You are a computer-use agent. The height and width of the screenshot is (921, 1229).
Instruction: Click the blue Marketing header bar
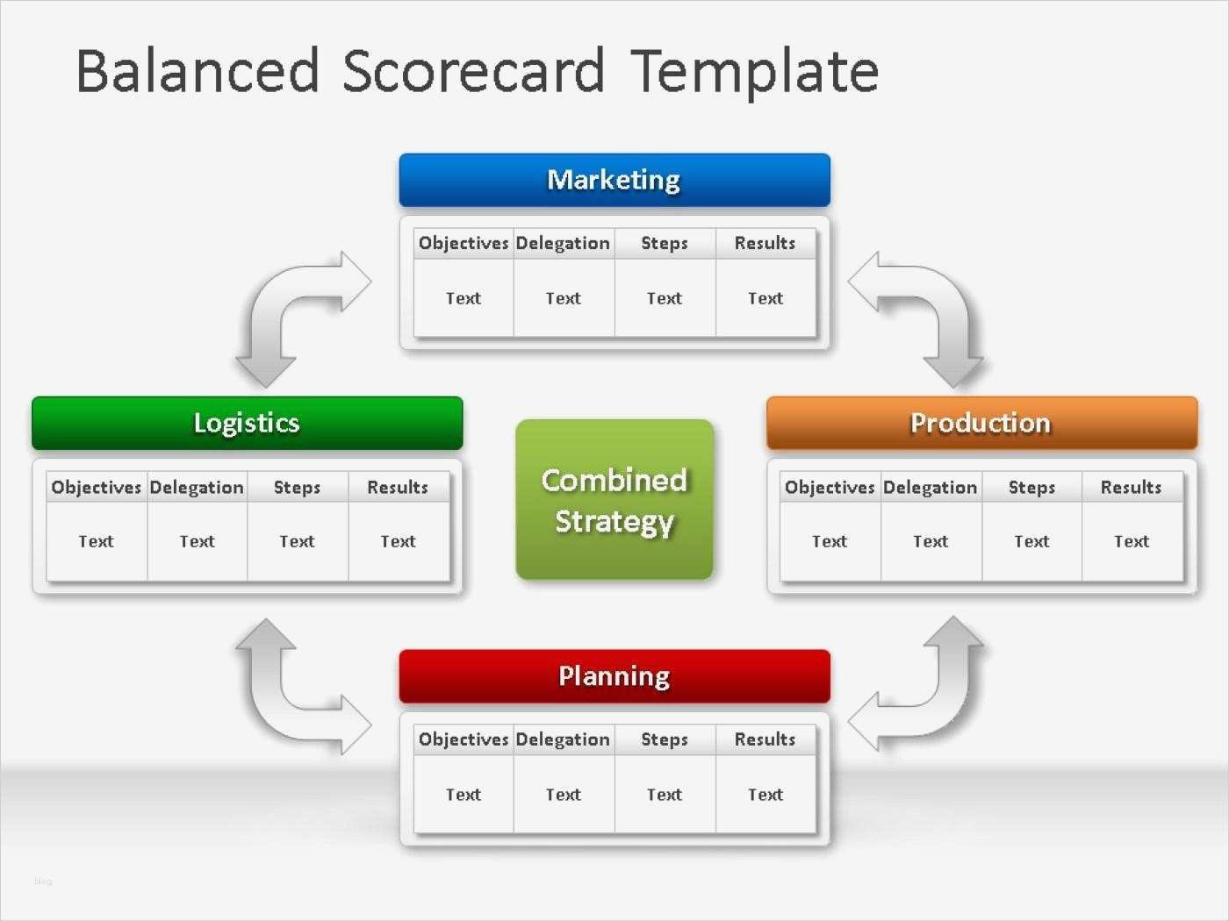614,180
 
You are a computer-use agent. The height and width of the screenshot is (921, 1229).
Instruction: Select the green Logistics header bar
248,424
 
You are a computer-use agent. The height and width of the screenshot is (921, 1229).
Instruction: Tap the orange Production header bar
981,424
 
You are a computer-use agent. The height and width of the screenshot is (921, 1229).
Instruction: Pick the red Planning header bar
614,676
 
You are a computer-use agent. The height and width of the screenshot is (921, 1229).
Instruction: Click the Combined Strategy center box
614,499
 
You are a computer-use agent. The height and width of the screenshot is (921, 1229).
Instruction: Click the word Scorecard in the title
473,71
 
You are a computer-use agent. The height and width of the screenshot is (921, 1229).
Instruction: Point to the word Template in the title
754,74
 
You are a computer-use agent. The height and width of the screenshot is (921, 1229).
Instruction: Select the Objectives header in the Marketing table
464,243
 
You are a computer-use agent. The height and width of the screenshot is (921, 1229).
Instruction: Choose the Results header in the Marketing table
765,243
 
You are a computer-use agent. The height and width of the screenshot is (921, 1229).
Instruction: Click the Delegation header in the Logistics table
197,488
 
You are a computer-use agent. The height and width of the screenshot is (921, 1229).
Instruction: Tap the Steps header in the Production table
1031,488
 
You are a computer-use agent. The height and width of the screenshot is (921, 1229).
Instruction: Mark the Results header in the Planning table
765,739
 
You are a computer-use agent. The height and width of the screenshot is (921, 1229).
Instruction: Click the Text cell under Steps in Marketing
664,298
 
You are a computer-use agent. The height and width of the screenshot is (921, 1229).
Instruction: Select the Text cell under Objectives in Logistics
96,541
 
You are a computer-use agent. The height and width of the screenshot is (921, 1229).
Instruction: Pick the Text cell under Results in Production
1131,541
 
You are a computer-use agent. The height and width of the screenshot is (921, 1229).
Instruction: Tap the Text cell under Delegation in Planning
564,795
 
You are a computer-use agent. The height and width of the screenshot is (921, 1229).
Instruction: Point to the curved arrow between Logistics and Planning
269,710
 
